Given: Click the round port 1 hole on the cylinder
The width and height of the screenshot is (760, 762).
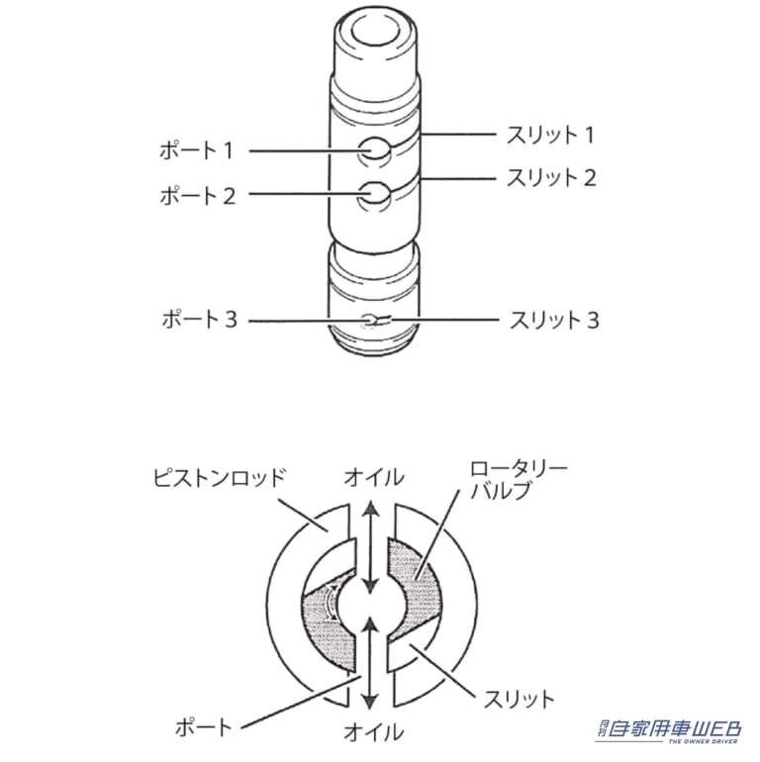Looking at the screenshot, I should [x=373, y=151].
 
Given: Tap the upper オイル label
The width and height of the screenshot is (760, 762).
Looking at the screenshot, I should [x=373, y=478].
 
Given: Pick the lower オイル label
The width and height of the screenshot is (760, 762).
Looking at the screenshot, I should [x=373, y=732].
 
